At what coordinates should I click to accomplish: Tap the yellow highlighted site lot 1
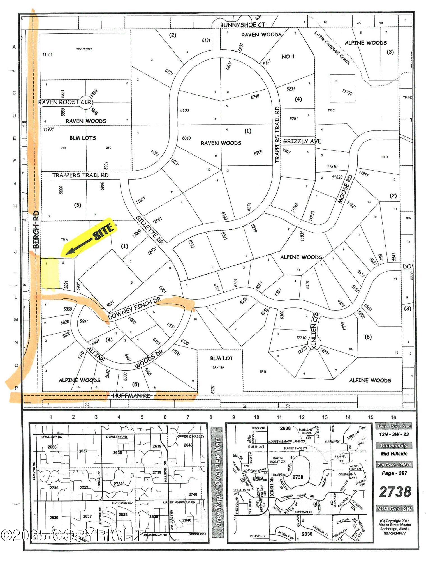(50, 273)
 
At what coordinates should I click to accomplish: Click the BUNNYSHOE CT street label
(242, 25)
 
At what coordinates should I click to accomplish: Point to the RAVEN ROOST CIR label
(64, 102)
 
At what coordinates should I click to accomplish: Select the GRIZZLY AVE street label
(302, 141)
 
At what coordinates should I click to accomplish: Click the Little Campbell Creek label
(332, 47)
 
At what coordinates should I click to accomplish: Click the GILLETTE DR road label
(150, 230)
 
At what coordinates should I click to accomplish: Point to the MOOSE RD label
(345, 189)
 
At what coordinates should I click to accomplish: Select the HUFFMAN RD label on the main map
(131, 396)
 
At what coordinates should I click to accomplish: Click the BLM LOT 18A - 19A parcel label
(221, 362)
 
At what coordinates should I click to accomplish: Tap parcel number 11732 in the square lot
(347, 92)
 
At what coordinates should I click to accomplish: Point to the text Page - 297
(394, 473)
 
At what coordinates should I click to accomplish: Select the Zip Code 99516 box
(394, 465)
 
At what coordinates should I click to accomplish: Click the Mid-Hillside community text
(394, 454)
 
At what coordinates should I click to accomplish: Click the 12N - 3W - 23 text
(394, 434)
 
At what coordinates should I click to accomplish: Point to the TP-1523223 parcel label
(84, 49)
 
